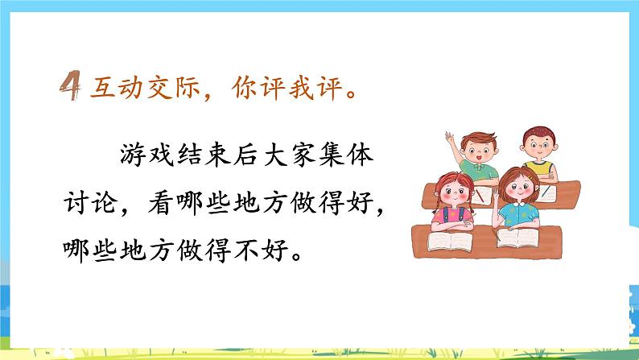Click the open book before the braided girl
tap(448, 240)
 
